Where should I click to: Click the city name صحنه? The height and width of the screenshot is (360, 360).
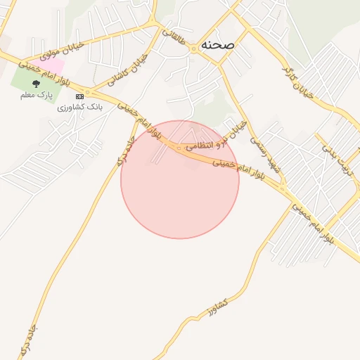point(218,44)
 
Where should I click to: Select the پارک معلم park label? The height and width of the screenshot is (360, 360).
point(36,94)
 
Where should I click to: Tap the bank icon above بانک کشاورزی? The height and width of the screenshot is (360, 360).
point(79,96)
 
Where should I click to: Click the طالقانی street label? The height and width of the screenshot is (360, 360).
point(176,40)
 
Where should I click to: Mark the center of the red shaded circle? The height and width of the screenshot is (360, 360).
point(180,179)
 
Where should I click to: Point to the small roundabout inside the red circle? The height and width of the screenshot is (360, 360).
point(179,148)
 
